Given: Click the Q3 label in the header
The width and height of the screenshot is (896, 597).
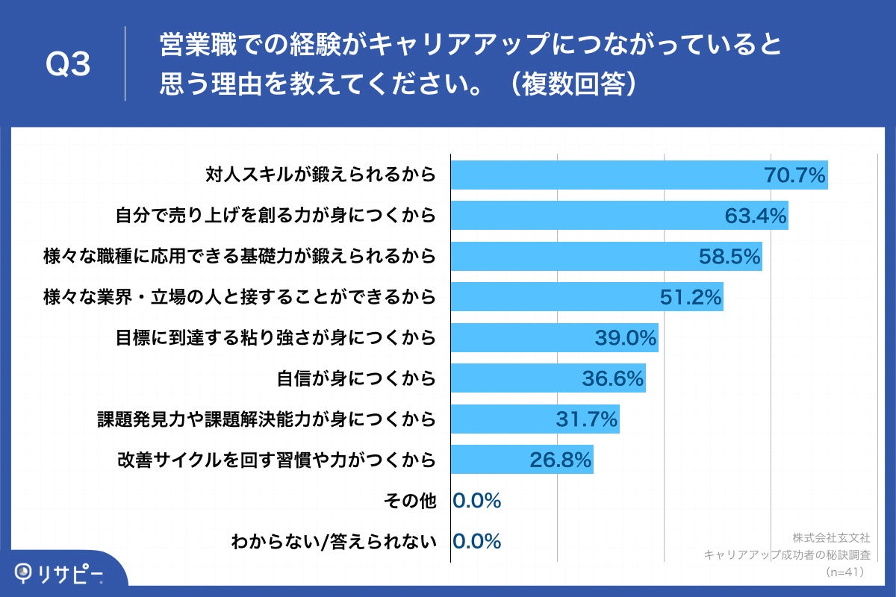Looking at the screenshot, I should (68, 66).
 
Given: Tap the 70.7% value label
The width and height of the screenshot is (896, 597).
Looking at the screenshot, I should (794, 176).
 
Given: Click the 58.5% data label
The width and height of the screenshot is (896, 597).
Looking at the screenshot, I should (729, 257).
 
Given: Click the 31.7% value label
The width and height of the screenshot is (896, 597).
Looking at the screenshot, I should (587, 419).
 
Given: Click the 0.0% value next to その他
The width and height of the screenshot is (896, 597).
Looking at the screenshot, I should (477, 501).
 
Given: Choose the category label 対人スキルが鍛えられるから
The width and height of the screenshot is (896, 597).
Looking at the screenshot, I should (320, 176).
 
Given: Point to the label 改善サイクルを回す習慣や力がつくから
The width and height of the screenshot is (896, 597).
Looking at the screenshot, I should (276, 460).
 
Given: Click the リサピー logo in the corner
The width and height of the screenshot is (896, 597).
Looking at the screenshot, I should (60, 573).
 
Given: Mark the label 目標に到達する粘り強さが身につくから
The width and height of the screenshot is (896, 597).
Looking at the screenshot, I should (276, 338).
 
